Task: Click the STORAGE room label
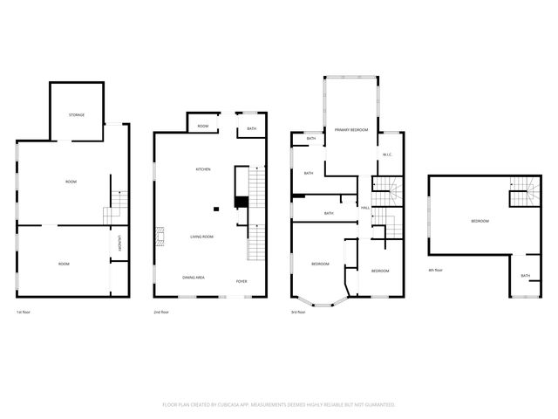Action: [x=77, y=115]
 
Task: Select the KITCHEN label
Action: [x=202, y=168]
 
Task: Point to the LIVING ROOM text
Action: [x=202, y=237]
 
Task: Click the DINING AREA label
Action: [x=194, y=277]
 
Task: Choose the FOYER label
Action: [x=242, y=281]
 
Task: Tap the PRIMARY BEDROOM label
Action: [x=351, y=130]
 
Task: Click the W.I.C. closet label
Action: [x=388, y=155]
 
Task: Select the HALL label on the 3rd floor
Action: [x=365, y=208]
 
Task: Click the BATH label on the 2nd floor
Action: [x=251, y=129]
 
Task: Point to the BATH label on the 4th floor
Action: [x=525, y=276]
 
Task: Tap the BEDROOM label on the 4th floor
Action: [x=480, y=221]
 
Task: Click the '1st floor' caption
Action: [x=24, y=312]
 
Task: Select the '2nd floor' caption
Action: [x=160, y=312]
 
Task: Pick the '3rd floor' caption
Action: [x=298, y=312]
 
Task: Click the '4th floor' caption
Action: [x=436, y=270]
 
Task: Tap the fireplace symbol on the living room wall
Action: [x=160, y=236]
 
